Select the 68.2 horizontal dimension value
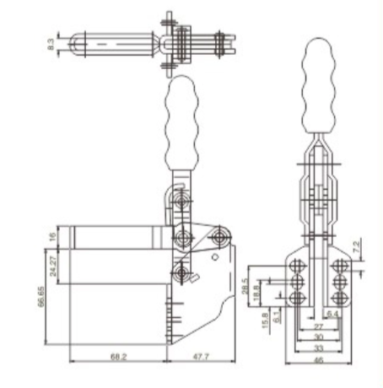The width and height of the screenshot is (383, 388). (x=118, y=357)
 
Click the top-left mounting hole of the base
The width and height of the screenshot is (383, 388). (x=296, y=266)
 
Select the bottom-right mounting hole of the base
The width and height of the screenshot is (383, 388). (x=338, y=298)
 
